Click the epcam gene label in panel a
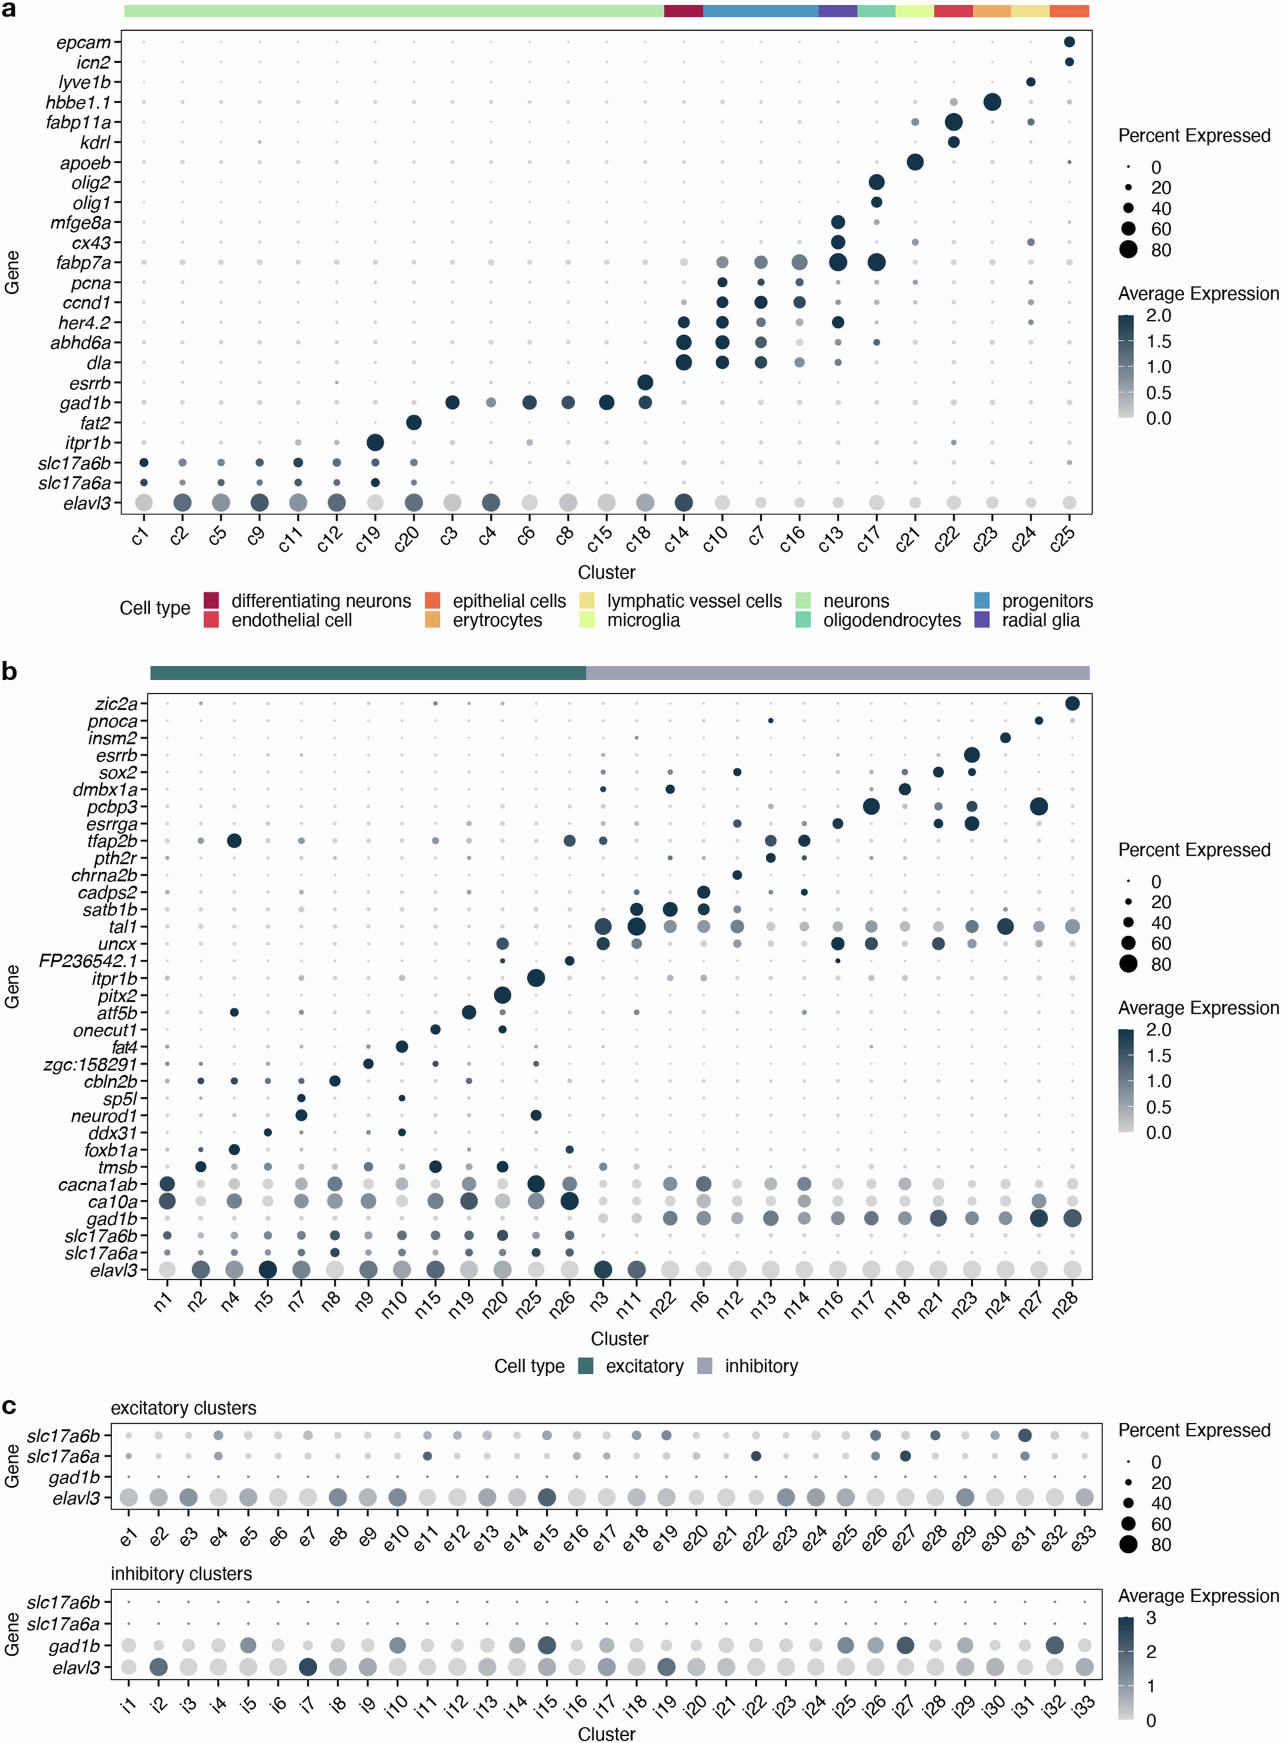(84, 43)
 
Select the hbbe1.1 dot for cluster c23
(992, 102)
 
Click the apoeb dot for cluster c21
(915, 162)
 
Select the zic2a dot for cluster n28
(1072, 703)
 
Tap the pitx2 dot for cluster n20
(502, 995)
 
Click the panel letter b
(9, 672)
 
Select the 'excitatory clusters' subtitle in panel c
(183, 1408)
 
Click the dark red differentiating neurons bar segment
(683, 11)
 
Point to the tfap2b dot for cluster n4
(234, 840)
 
